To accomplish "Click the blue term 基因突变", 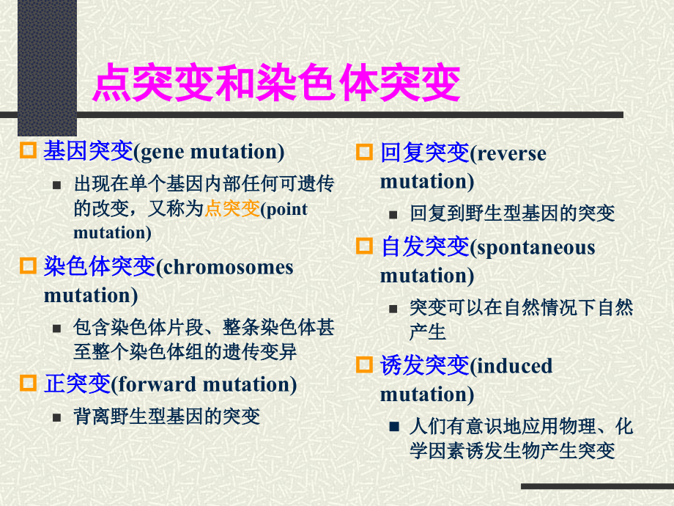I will point(88,152).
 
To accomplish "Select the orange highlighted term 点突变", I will point(232,209).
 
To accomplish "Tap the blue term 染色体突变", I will point(100,267).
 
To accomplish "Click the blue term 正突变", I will point(77,384).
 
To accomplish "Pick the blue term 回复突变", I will point(424,153).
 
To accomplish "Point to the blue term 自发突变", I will point(424,247).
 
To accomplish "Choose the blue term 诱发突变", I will point(424,365).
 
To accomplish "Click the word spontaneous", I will point(534,248).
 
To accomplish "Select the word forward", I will point(157,385).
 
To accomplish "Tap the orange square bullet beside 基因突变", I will point(28,151).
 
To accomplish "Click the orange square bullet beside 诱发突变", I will point(364,364).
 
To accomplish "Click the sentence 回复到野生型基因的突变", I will point(512,214).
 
